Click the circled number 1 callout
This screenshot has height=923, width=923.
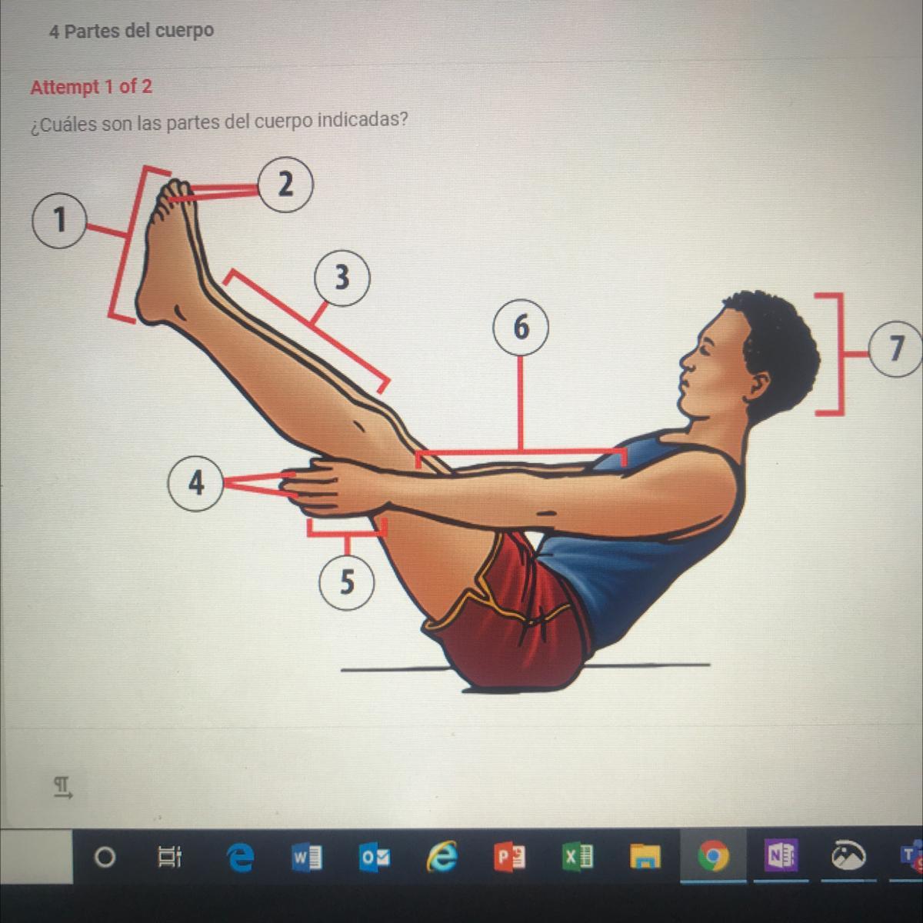tap(59, 220)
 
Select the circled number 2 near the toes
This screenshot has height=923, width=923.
tap(285, 185)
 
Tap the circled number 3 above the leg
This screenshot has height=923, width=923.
tap(342, 278)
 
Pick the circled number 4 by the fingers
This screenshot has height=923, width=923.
tap(195, 484)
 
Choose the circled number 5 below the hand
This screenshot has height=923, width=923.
tap(347, 582)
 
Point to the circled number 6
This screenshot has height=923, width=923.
tap(521, 328)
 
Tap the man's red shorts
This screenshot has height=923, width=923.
tap(518, 618)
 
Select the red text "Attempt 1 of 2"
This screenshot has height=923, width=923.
tap(92, 87)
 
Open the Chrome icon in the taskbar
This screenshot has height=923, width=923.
tap(713, 856)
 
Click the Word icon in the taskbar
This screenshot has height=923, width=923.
tap(307, 857)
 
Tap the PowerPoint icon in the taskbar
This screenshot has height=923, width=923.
tap(510, 857)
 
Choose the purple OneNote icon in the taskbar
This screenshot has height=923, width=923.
tap(782, 856)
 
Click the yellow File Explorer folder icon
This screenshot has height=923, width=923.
tap(645, 857)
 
